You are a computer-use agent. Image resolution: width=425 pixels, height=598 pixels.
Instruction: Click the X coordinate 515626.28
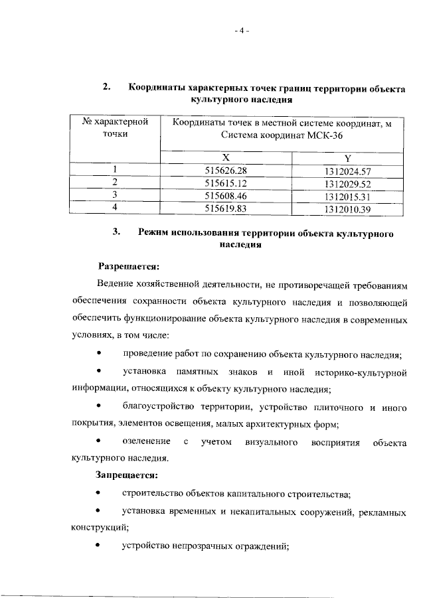point(226,171)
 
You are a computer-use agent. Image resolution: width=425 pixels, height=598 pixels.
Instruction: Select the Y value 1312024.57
point(347,172)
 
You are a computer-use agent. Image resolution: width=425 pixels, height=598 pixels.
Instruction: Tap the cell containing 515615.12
point(226,183)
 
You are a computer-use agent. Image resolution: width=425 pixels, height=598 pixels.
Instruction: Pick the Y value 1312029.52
point(347,184)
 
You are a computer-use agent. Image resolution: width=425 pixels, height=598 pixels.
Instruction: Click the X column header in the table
point(226,158)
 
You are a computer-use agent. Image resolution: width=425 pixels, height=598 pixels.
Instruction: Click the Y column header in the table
point(347,159)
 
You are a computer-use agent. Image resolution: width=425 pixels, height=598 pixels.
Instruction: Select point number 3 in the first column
point(115,194)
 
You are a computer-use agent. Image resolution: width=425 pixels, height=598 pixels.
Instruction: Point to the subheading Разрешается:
point(129,267)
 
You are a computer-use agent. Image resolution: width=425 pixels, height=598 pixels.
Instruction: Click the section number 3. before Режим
point(117,234)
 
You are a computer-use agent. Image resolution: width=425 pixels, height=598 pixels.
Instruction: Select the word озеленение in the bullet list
point(145,441)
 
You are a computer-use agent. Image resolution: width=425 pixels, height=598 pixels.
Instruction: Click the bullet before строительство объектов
point(99,494)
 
